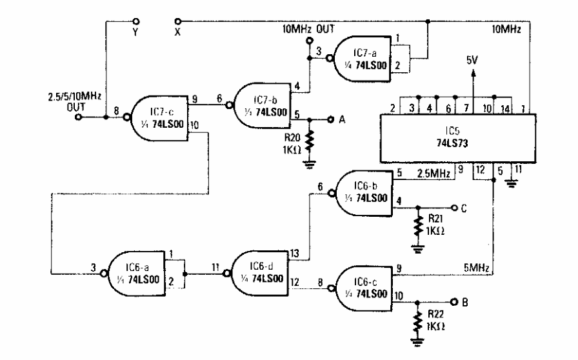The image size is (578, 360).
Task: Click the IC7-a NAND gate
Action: pos(361,58)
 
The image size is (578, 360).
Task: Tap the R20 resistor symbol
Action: pos(310,141)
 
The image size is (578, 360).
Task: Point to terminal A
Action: pos(330,119)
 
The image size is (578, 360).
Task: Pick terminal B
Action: pos(455,301)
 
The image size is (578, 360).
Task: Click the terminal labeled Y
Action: pos(134,21)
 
